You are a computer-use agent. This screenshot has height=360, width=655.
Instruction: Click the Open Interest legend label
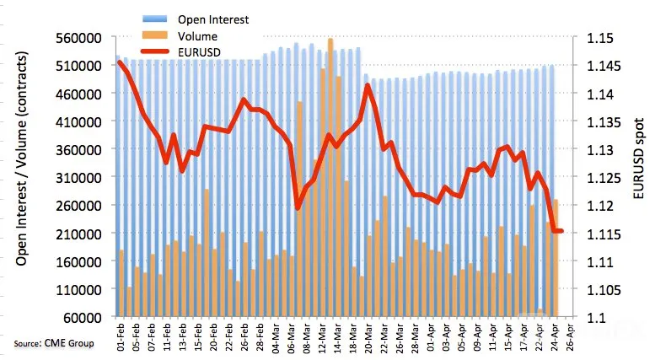tap(213, 19)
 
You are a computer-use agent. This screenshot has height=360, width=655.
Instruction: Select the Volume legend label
tap(197, 36)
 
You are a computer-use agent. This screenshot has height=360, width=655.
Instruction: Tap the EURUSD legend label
tap(199, 52)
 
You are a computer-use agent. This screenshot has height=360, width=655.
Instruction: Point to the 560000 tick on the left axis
tap(79, 38)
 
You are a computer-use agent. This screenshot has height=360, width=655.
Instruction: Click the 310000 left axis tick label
tap(79, 178)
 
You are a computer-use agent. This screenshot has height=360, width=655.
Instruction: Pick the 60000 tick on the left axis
tap(83, 318)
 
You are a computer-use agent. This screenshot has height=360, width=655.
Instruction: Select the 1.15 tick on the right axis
tap(600, 39)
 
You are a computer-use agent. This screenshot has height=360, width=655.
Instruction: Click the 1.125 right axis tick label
tap(604, 179)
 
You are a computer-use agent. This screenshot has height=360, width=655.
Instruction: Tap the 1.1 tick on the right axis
tap(597, 318)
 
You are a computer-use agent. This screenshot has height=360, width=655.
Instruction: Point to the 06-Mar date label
tap(291, 337)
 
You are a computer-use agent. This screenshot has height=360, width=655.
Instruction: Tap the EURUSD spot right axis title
tap(638, 159)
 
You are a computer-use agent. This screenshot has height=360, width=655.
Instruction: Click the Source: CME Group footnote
tap(53, 343)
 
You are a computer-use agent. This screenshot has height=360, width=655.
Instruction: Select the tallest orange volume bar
tap(330, 177)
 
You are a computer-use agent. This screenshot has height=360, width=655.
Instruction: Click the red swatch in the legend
tap(155, 51)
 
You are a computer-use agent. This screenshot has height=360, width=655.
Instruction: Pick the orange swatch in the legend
tap(155, 35)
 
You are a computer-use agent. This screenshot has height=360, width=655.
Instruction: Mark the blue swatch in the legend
tap(155, 19)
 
